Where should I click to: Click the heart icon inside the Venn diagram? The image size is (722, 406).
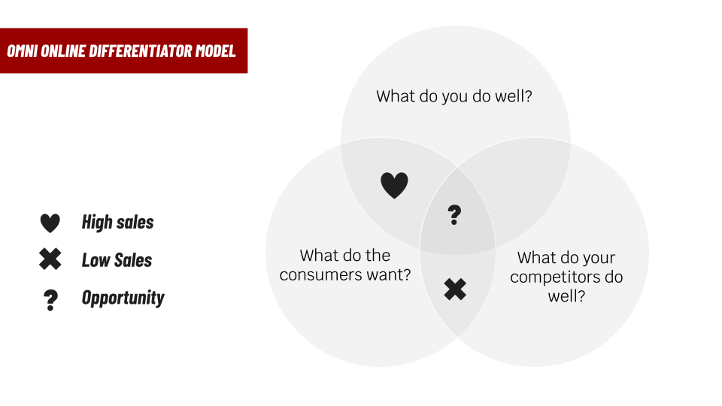pos(394,185)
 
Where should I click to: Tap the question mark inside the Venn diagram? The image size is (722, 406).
pos(454,216)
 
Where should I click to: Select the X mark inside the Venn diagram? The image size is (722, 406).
pos(454,289)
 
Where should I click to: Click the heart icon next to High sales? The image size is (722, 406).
pos(50,223)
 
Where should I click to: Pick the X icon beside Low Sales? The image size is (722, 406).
pos(50,260)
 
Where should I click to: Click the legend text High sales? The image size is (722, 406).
pos(117,223)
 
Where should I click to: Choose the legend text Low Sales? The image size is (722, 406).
pos(117,260)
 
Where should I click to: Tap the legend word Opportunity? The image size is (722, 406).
pos(123,298)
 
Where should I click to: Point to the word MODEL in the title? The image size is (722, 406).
pos(215,51)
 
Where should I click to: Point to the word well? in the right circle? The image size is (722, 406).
pos(566,295)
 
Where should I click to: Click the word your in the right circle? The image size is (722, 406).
pos(598,258)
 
